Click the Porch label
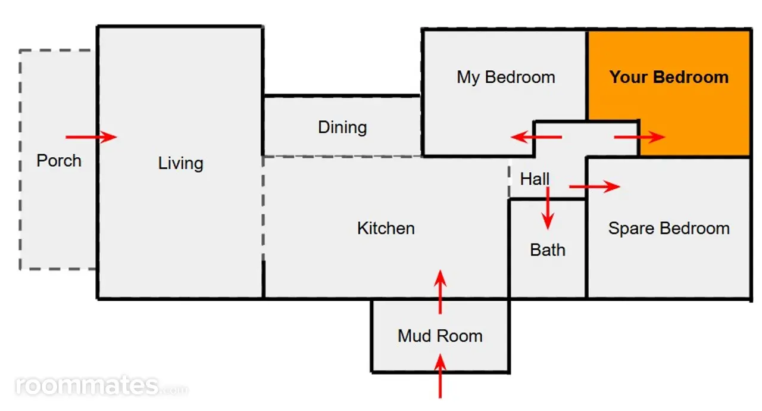[59, 161]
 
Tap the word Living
[180, 164]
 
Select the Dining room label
[342, 128]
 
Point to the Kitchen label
[386, 228]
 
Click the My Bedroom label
[506, 78]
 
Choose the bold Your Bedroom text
[669, 77]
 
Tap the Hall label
[535, 179]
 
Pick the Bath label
[548, 250]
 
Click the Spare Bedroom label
[669, 229]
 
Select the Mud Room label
[440, 336]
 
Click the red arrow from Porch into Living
[91, 137]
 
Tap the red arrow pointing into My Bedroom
[536, 137]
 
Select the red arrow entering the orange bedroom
[639, 137]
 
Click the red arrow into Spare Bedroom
[595, 186]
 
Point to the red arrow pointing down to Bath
[548, 208]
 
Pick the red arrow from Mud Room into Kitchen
[440, 292]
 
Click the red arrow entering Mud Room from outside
[440, 376]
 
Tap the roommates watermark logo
[101, 386]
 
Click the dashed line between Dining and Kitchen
[342, 157]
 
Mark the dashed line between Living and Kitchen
[263, 208]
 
